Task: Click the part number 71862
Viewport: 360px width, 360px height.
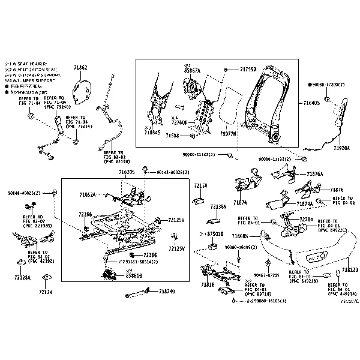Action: tap(80, 68)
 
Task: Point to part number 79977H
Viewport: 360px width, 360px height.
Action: tap(227, 133)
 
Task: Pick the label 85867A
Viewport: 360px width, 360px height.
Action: tap(192, 70)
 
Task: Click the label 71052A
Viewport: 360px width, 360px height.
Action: tap(88, 195)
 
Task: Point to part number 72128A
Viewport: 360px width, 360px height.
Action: tap(23, 279)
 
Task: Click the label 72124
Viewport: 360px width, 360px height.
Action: tap(46, 292)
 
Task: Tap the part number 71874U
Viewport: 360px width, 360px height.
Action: tap(167, 292)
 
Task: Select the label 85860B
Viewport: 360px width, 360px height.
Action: tap(134, 277)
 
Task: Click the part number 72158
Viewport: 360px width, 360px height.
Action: tap(200, 186)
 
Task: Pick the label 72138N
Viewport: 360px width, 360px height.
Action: tap(218, 206)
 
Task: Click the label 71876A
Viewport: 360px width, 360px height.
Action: tap(314, 173)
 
